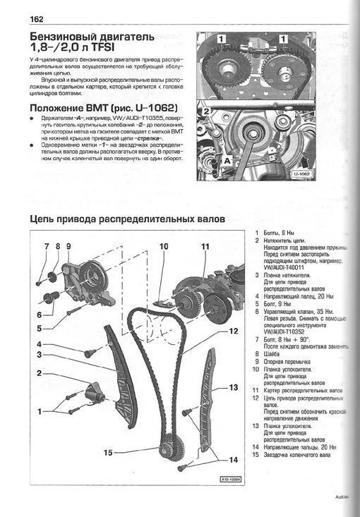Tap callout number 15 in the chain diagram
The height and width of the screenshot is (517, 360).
pos(109,453)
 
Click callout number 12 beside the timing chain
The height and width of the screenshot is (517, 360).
pos(234,329)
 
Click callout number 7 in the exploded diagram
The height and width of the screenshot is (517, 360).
pos(46,247)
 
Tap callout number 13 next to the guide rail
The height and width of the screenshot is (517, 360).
pos(234,387)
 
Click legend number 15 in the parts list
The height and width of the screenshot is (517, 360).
pos(255,455)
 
